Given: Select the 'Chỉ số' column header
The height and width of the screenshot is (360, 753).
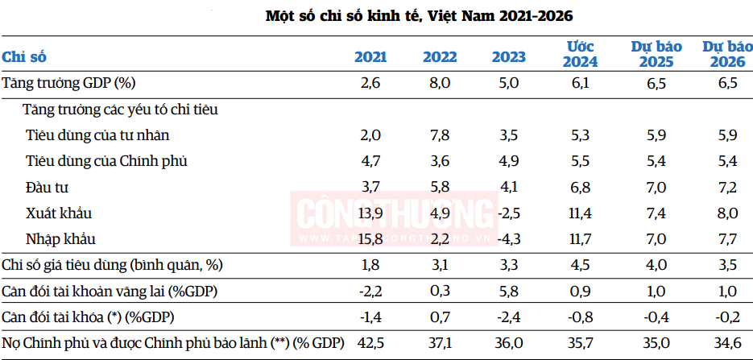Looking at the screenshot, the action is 24,57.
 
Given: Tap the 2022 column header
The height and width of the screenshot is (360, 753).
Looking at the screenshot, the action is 440,57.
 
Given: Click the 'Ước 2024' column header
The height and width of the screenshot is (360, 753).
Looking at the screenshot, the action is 580,54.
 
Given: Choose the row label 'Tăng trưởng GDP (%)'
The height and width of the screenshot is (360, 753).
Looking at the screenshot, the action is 68,84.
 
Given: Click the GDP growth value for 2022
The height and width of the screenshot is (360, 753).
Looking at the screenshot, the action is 440,84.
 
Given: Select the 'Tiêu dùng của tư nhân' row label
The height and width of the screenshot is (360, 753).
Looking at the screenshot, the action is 97,135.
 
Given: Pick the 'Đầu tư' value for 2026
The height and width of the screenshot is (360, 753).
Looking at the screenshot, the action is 727,187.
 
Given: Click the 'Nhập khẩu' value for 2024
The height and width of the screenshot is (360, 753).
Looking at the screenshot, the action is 580,238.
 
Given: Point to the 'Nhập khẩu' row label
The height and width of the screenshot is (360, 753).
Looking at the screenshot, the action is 60,239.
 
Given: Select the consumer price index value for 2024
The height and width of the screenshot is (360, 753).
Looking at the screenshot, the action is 580,265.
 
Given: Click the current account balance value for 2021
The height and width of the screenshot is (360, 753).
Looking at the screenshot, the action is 370,291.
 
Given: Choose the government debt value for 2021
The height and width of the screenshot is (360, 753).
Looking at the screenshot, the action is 370,343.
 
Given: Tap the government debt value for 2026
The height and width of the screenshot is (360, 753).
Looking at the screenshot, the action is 727,343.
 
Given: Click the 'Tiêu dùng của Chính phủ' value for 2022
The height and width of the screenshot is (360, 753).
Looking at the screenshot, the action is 440,161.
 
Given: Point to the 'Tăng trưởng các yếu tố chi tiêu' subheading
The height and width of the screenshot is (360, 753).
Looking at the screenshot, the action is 121,110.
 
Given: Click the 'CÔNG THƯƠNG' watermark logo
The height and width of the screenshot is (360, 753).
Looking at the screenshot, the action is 395,218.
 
